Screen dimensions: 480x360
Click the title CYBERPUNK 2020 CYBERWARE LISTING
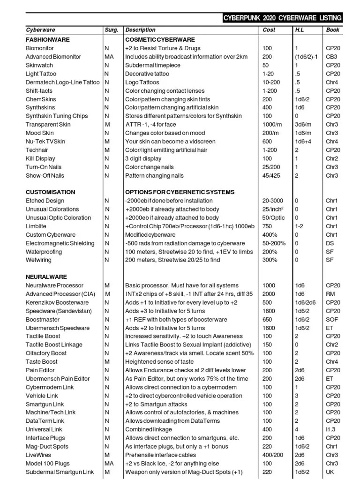pyautogui.click(x=282, y=18)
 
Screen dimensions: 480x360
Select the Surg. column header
pyautogui.click(x=111, y=30)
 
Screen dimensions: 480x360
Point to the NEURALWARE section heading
pyautogui.click(x=46, y=277)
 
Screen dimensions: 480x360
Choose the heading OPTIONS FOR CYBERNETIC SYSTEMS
pyautogui.click(x=180, y=192)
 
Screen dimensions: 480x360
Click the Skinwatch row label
pyautogui.click(x=39, y=65)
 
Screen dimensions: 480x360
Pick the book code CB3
pyautogui.click(x=332, y=57)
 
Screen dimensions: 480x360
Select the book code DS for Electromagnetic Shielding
pyautogui.click(x=330, y=243)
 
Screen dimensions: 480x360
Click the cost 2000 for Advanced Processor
pyautogui.click(x=270, y=294)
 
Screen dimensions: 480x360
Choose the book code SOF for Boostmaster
pyautogui.click(x=332, y=319)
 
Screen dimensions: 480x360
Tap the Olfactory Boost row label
pyautogui.click(x=46, y=353)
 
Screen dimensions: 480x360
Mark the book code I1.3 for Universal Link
pyautogui.click(x=331, y=429)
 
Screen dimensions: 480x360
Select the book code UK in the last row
pyautogui.click(x=330, y=472)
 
